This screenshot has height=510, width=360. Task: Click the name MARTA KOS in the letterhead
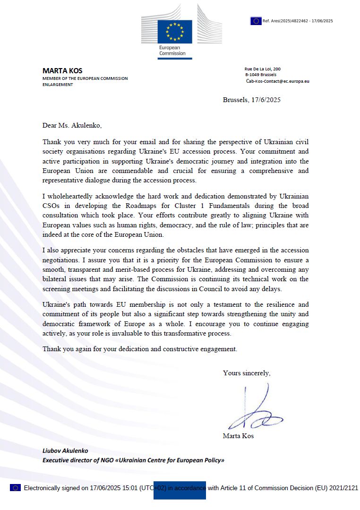pyautogui.click(x=62, y=71)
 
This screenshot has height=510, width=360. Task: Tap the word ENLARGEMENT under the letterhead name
pyautogui.click(x=58, y=85)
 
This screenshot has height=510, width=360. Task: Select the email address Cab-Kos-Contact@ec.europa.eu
pyautogui.click(x=277, y=81)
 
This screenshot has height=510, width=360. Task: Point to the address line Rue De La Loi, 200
pyautogui.click(x=262, y=69)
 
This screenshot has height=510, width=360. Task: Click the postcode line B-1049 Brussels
pyautogui.click(x=261, y=75)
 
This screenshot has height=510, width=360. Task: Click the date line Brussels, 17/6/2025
pyautogui.click(x=251, y=100)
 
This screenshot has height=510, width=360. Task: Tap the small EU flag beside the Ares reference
pyautogui.click(x=256, y=21)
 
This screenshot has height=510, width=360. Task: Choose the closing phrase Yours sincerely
pyautogui.click(x=247, y=373)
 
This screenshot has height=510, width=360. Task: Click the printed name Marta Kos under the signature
pyautogui.click(x=238, y=436)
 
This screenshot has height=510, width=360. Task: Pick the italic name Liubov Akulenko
pyautogui.click(x=65, y=451)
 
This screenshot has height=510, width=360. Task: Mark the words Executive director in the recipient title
pyautogui.click(x=67, y=460)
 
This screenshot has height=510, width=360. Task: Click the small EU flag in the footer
pyautogui.click(x=15, y=488)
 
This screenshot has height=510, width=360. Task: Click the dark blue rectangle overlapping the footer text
pyautogui.click(x=180, y=490)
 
